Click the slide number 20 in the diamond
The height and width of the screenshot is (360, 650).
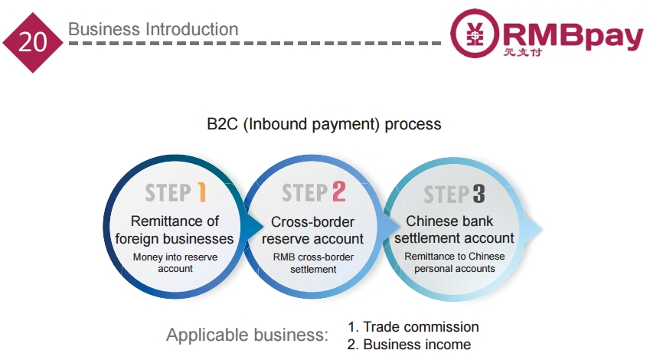tap(33, 42)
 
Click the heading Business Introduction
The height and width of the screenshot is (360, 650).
tap(153, 29)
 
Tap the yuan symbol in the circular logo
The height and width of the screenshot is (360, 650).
tap(475, 33)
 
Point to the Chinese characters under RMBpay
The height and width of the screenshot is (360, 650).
tap(523, 52)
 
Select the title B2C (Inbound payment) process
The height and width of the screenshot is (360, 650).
tap(324, 124)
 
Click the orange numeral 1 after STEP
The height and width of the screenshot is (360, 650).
tap(201, 192)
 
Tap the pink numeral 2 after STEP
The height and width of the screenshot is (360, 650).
tap(338, 191)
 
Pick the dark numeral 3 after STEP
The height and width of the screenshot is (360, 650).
tap(479, 194)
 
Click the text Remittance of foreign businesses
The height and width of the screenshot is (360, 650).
tap(175, 230)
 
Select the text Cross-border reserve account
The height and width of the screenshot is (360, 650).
tap(312, 231)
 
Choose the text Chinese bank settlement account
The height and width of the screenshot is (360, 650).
tap(454, 229)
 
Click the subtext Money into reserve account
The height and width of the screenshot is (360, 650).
tap(175, 263)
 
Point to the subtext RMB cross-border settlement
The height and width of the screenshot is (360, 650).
tap(313, 263)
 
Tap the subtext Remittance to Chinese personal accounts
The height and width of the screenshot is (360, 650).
tap(455, 262)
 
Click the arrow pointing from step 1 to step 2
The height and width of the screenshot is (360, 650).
tap(253, 227)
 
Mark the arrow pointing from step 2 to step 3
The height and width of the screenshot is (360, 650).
tap(391, 227)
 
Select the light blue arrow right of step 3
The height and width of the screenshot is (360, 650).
tap(533, 228)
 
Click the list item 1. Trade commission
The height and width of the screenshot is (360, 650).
tap(413, 327)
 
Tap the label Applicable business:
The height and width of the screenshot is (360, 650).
tap(247, 335)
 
